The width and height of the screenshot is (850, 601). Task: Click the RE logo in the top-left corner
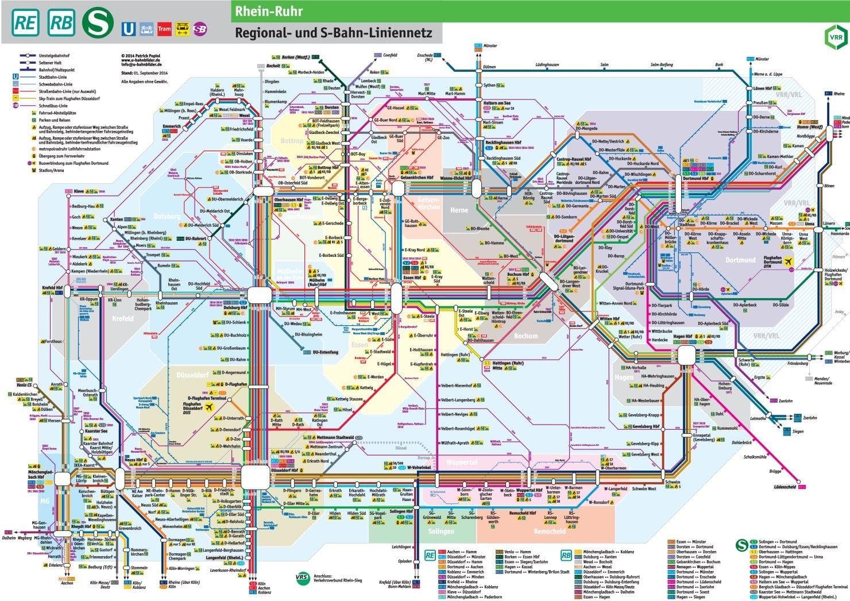(x=26, y=22)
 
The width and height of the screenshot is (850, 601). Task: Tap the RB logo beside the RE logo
(x=61, y=22)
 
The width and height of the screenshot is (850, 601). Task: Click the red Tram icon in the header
(x=164, y=29)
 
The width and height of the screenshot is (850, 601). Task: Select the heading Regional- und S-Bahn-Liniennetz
(x=333, y=33)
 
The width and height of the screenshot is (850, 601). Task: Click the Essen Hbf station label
(x=414, y=278)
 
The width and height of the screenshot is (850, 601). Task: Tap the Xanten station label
(x=117, y=219)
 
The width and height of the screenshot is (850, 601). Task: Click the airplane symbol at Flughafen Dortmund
(x=790, y=261)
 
